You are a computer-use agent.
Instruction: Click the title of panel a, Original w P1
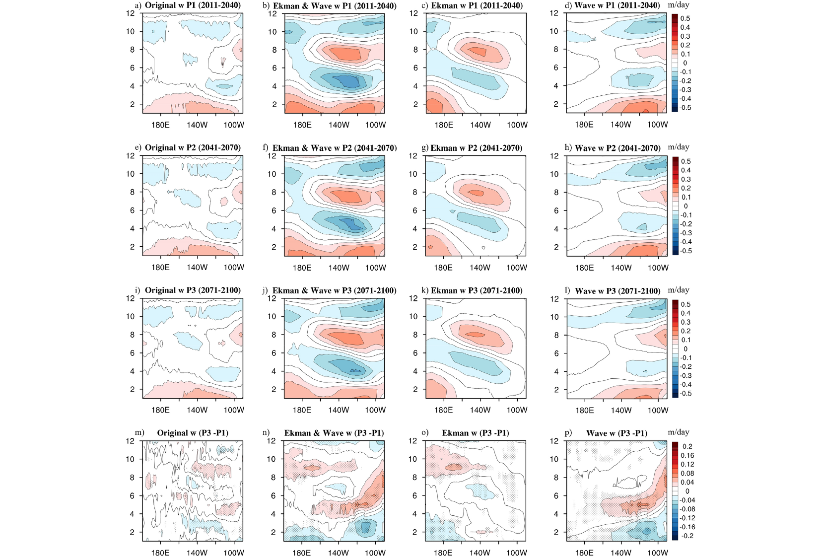pyautogui.click(x=193, y=5)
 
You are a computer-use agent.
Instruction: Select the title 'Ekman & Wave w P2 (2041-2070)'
pyautogui.click(x=335, y=148)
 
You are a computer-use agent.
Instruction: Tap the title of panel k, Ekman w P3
pyautogui.click(x=477, y=290)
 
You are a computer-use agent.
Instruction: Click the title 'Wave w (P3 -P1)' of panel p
pyautogui.click(x=616, y=433)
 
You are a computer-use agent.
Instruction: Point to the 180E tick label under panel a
pyautogui.click(x=160, y=125)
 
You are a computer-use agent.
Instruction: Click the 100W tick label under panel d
pyautogui.click(x=658, y=124)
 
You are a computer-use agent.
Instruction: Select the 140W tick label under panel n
pyautogui.click(x=339, y=553)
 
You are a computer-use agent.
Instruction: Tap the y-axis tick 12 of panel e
pyautogui.click(x=130, y=156)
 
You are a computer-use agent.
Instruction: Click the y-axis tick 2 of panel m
pyautogui.click(x=132, y=532)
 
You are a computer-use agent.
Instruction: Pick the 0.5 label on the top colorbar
pyautogui.click(x=685, y=18)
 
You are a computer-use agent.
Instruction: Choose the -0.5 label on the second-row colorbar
pyautogui.click(x=685, y=251)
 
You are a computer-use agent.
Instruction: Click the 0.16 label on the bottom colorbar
pyautogui.click(x=687, y=455)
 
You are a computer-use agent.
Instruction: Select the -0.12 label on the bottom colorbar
pyautogui.click(x=687, y=518)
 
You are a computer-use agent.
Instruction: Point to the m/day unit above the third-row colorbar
pyautogui.click(x=679, y=289)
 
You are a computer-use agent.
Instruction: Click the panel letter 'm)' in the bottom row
pyautogui.click(x=139, y=432)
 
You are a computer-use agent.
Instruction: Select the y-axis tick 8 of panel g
pyautogui.click(x=415, y=192)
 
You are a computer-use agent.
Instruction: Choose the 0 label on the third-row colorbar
pyautogui.click(x=685, y=349)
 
